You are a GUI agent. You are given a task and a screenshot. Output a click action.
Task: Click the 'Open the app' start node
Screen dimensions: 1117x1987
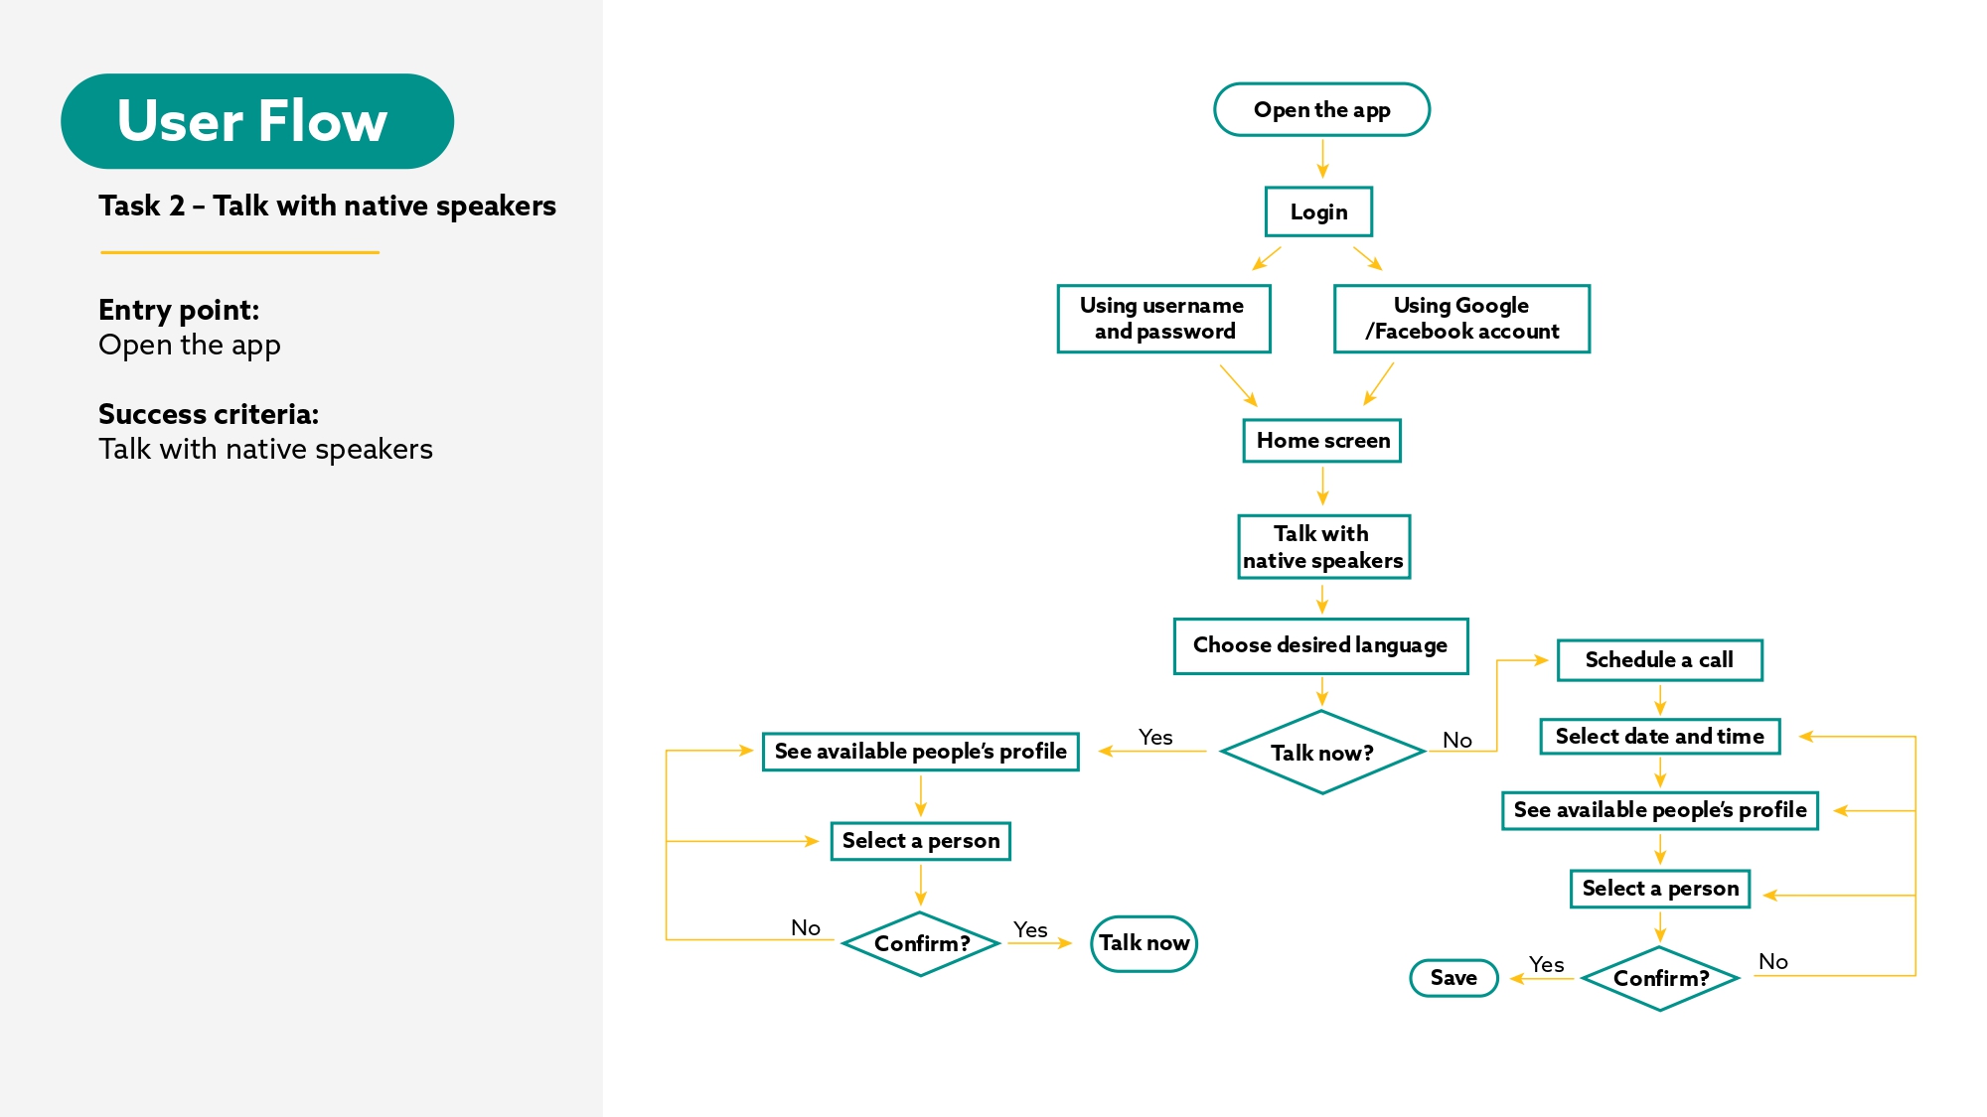coord(1321,110)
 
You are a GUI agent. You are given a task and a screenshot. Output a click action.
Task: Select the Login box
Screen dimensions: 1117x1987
coord(1318,211)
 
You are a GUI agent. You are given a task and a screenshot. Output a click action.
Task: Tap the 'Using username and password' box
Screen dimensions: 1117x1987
coord(1163,319)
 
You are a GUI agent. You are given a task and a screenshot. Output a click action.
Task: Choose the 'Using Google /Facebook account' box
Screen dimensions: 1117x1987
coord(1461,319)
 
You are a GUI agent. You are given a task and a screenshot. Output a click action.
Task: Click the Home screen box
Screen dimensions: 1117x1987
coord(1322,440)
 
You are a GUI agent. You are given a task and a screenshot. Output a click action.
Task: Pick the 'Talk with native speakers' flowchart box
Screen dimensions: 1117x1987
coord(1323,547)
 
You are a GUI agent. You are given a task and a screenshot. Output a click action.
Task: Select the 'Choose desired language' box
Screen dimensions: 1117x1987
coord(1320,645)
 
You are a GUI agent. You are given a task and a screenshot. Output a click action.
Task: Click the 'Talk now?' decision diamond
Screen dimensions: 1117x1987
coord(1321,753)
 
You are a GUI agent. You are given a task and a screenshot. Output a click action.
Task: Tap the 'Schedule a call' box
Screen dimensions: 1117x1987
coord(1659,660)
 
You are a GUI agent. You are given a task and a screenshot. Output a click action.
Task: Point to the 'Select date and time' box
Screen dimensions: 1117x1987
coord(1659,737)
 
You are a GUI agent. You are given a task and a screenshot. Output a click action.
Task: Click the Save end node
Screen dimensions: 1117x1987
coord(1453,978)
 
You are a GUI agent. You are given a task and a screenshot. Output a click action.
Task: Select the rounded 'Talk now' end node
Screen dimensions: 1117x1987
coord(1144,943)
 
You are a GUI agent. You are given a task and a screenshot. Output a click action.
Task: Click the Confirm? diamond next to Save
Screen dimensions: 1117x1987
coord(1660,978)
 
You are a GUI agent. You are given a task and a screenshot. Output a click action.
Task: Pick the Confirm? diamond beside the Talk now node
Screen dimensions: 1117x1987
coord(921,943)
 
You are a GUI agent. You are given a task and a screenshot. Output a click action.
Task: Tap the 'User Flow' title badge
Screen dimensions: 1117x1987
coord(256,121)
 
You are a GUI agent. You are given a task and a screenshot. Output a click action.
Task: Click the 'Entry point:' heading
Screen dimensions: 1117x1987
coord(179,310)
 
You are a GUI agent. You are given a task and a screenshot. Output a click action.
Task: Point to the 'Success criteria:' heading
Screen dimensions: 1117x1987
coord(209,414)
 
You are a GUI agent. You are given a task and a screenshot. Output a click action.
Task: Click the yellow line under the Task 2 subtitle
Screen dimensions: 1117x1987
coord(239,252)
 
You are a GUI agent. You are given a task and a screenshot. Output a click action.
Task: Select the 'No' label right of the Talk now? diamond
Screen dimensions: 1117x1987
coord(1456,740)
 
